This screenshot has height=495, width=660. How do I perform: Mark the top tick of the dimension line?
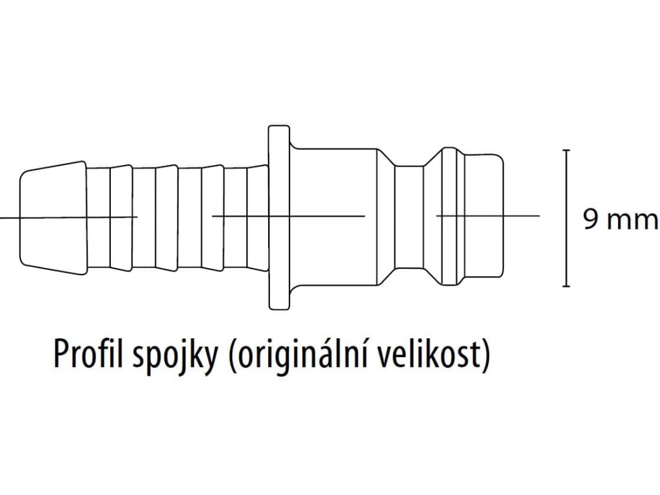point(567,150)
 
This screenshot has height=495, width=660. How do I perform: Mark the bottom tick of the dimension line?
point(567,286)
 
